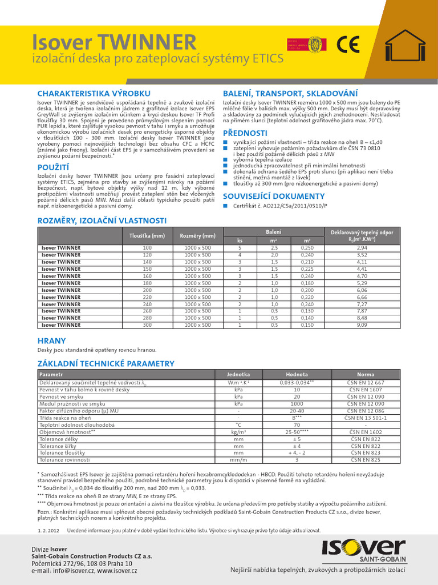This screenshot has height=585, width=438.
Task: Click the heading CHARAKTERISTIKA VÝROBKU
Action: [x=94, y=93]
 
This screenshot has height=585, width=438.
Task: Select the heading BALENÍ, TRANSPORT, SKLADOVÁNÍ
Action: [x=290, y=93]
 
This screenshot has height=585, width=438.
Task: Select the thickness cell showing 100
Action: [x=147, y=248]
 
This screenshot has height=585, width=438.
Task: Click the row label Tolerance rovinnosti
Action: [x=64, y=459]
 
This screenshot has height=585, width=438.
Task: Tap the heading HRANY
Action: [x=51, y=340]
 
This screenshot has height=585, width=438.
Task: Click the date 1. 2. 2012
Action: [x=47, y=531]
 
